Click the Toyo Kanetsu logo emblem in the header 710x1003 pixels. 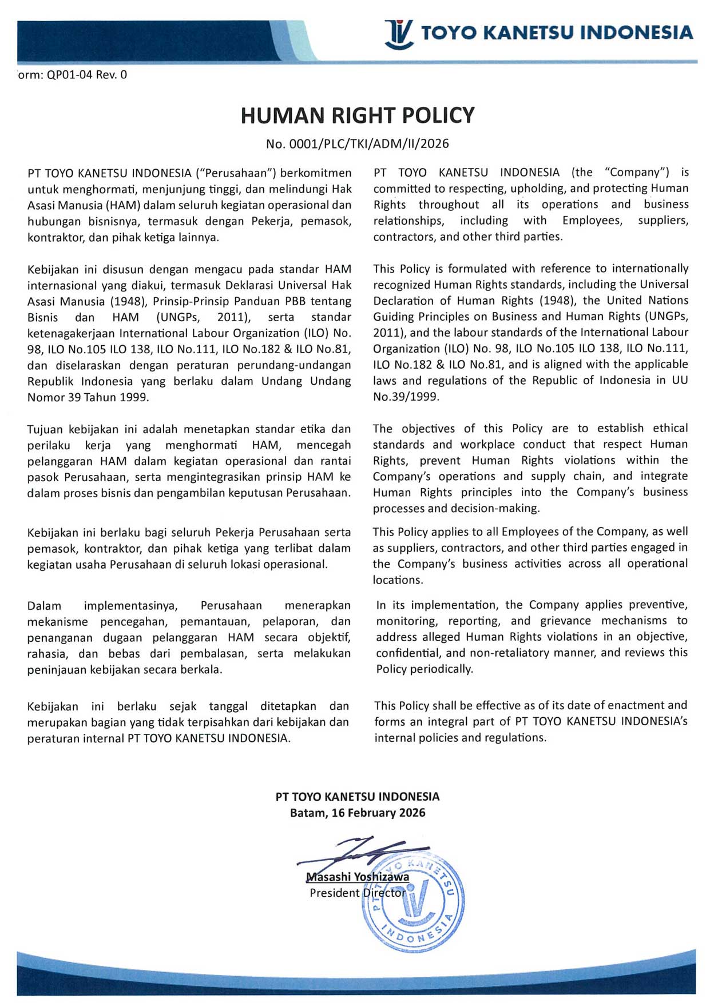coord(398,34)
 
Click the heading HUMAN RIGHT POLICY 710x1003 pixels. coord(358,115)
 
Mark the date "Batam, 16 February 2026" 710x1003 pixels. coord(358,813)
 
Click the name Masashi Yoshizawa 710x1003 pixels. coord(358,877)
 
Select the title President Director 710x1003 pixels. coord(358,893)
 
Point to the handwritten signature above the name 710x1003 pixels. coord(366,852)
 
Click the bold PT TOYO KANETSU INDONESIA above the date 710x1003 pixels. coord(358,797)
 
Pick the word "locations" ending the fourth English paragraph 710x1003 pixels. coord(396,580)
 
